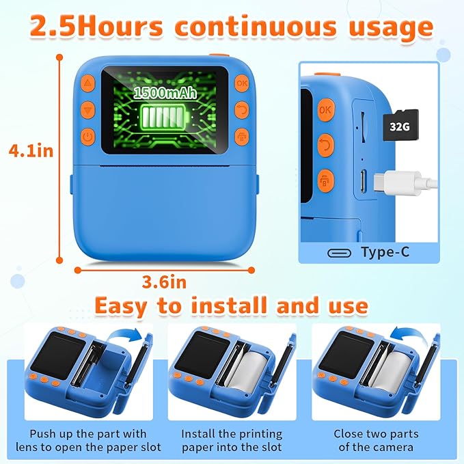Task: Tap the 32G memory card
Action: coord(400,126)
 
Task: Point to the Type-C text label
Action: coord(385,252)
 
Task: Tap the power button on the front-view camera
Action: coord(87,136)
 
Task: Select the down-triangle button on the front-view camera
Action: coord(87,109)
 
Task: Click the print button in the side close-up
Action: coord(326,180)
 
